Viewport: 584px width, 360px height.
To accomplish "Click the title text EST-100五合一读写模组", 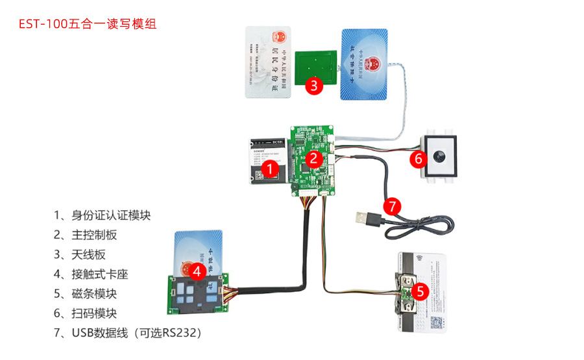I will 88,25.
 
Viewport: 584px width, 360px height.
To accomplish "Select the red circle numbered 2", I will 313,158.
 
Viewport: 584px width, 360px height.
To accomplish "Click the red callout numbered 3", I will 313,85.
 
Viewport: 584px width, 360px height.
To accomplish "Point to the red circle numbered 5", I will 420,292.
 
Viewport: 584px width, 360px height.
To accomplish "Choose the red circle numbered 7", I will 391,207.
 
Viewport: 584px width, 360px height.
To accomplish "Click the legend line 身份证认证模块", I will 106,215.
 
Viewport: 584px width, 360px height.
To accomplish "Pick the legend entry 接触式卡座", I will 91,274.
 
